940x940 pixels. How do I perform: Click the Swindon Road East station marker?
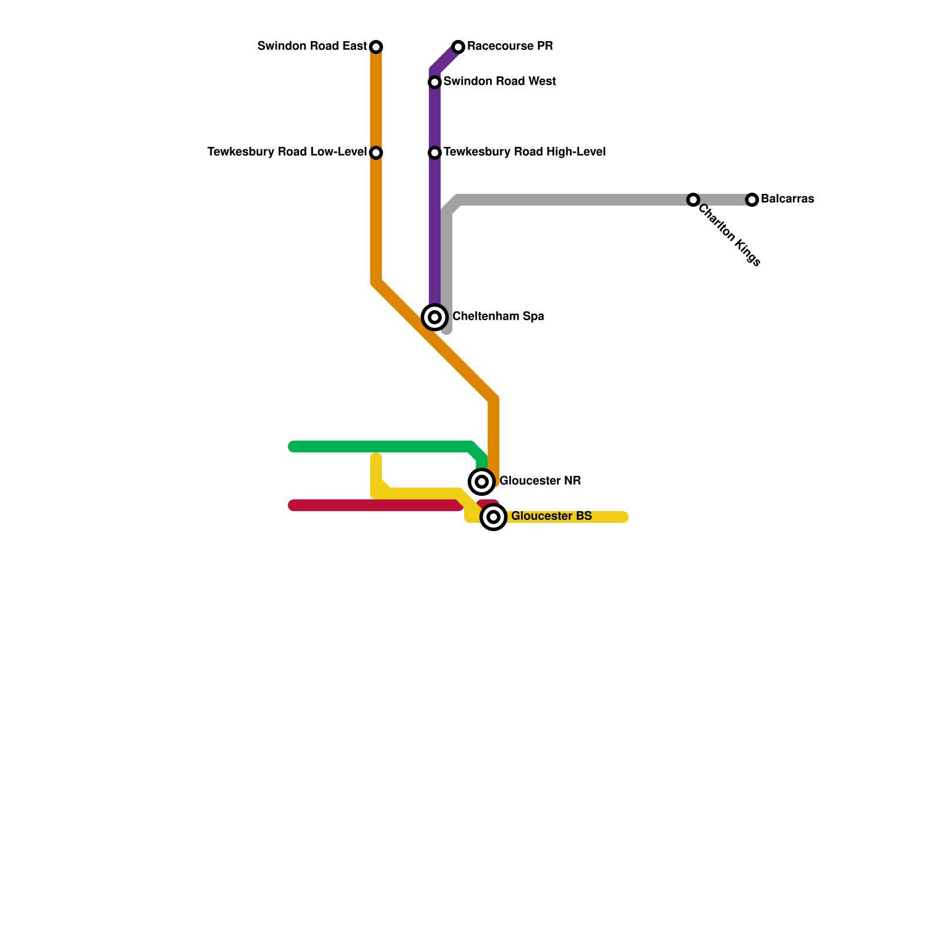376,46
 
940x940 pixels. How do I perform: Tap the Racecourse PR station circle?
458,46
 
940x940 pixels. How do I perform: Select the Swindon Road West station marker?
435,82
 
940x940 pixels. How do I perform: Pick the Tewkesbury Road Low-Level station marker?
376,153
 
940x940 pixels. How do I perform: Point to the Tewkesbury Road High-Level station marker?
435,153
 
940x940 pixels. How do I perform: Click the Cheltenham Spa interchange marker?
435,317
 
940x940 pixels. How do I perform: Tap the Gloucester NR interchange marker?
482,482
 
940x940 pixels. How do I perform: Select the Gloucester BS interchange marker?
493,517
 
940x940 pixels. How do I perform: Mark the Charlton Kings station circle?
693,200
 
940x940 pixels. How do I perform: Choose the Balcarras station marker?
752,200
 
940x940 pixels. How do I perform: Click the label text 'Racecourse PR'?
509,46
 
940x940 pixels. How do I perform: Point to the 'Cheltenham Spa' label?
498,316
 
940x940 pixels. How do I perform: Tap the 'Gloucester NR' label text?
539,481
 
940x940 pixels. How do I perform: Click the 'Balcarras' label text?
787,199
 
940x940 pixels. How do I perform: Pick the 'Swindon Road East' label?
312,46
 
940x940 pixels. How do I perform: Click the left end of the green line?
293,446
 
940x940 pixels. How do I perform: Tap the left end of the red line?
293,505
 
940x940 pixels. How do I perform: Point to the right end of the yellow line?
624,517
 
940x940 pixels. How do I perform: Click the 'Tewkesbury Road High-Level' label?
524,152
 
